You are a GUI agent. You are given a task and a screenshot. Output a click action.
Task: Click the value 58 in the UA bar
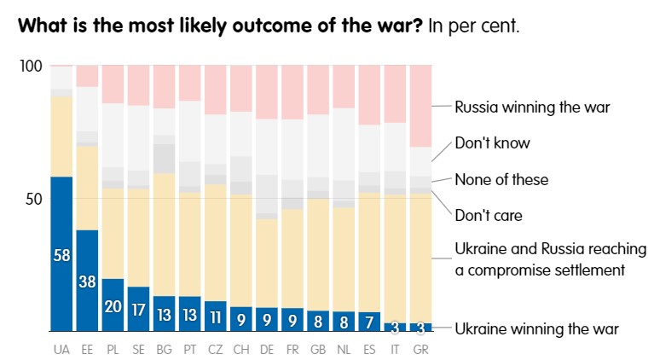(x=61, y=255)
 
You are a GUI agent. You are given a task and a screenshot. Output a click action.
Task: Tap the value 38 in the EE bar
(x=88, y=282)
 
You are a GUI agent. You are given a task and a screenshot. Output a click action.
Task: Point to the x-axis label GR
(x=420, y=351)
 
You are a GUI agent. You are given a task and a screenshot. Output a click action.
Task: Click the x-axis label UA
(x=61, y=351)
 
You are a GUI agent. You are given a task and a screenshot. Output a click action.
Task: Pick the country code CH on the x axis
(x=241, y=351)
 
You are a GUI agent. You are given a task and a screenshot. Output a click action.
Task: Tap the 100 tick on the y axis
(x=30, y=67)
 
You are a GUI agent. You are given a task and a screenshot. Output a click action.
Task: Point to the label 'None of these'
(x=501, y=179)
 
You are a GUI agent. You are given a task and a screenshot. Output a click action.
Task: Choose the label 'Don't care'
(x=488, y=216)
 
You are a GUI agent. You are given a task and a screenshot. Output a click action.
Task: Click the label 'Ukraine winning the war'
(x=535, y=328)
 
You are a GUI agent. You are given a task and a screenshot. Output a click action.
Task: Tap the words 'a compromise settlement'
(x=541, y=270)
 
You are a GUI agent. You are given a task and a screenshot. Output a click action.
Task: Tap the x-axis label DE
(x=267, y=351)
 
